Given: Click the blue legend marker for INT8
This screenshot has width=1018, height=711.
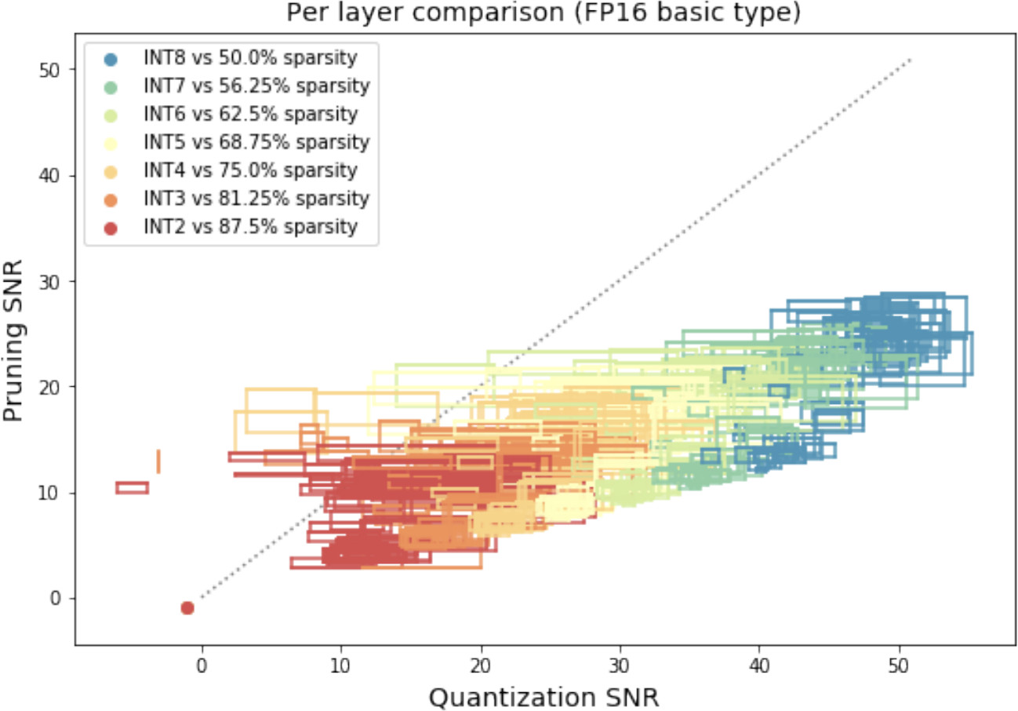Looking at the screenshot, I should (111, 59).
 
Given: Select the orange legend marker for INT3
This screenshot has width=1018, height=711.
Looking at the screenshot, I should (111, 199).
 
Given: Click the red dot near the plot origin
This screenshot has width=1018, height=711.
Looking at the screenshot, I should (187, 607).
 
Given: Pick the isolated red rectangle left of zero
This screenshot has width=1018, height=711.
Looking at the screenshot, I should (132, 487).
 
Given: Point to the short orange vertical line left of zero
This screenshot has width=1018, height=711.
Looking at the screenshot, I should (158, 461).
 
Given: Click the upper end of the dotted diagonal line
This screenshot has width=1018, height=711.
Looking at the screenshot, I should (910, 60).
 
